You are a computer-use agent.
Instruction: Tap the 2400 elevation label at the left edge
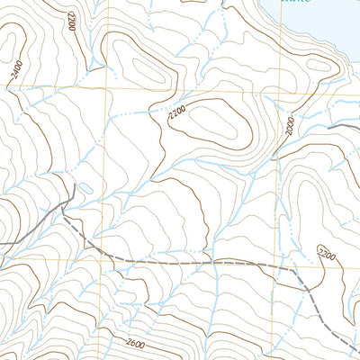pyautogui.click(x=16, y=76)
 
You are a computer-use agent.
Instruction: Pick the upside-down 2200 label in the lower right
pyautogui.click(x=325, y=257)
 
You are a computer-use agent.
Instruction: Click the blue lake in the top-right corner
pyautogui.click(x=315, y=22)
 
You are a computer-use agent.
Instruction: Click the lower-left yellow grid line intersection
pyautogui.click(x=107, y=258)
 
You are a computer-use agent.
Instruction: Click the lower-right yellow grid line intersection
pyautogui.click(x=274, y=258)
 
